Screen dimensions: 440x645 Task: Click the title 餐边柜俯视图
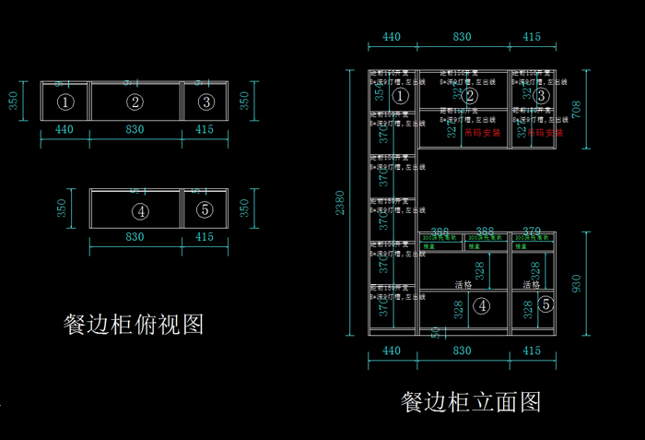point(133,324)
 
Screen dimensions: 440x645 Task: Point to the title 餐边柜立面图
point(471,401)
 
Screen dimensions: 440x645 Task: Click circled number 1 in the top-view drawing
point(64,101)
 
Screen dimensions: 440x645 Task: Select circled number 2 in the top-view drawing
point(135,101)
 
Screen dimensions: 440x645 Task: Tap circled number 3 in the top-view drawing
point(205,101)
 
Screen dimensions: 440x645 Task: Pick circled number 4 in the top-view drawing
point(140,210)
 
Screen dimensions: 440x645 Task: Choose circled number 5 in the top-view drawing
point(205,209)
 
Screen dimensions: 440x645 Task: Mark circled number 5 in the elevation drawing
point(545,303)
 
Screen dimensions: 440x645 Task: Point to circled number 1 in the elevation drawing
point(400,95)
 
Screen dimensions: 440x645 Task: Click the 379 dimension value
point(532,232)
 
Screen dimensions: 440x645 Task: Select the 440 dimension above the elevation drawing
point(392,37)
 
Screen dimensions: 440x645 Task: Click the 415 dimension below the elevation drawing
point(532,351)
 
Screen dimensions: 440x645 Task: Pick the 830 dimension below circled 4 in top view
point(135,238)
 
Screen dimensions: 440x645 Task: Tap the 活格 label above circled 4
point(463,285)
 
